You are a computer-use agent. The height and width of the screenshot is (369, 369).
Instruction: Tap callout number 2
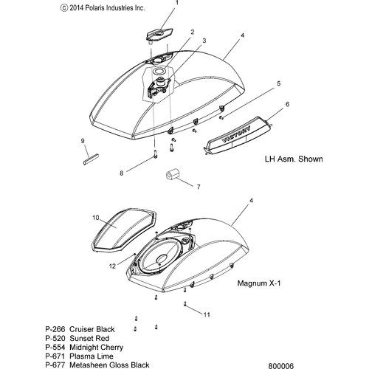click(193, 32)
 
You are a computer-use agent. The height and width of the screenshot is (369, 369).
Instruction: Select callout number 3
click(204, 41)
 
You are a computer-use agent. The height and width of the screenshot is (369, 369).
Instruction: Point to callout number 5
click(278, 83)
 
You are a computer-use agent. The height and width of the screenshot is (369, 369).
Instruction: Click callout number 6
click(287, 104)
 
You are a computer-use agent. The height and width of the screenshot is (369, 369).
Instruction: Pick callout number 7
click(199, 187)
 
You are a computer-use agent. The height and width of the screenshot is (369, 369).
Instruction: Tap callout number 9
click(83, 141)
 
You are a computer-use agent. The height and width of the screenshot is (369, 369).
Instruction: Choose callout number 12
click(112, 266)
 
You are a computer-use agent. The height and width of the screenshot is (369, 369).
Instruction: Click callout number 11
click(207, 314)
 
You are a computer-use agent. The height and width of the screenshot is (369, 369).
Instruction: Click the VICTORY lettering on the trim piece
click(236, 134)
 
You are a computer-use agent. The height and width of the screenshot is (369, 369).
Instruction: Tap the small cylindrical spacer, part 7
click(172, 176)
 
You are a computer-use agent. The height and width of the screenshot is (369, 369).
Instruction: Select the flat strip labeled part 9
click(91, 159)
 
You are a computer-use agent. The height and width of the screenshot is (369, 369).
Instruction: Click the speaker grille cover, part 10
click(123, 230)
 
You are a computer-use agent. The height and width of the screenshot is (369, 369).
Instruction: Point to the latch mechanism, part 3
click(159, 87)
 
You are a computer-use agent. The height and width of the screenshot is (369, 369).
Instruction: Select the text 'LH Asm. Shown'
click(294, 159)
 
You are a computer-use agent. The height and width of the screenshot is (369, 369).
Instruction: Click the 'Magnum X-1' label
click(259, 283)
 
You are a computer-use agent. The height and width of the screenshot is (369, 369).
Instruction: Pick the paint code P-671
click(55, 356)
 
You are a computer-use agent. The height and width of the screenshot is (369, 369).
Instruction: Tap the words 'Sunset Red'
click(89, 338)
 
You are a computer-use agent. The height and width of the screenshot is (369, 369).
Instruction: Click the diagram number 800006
click(281, 366)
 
